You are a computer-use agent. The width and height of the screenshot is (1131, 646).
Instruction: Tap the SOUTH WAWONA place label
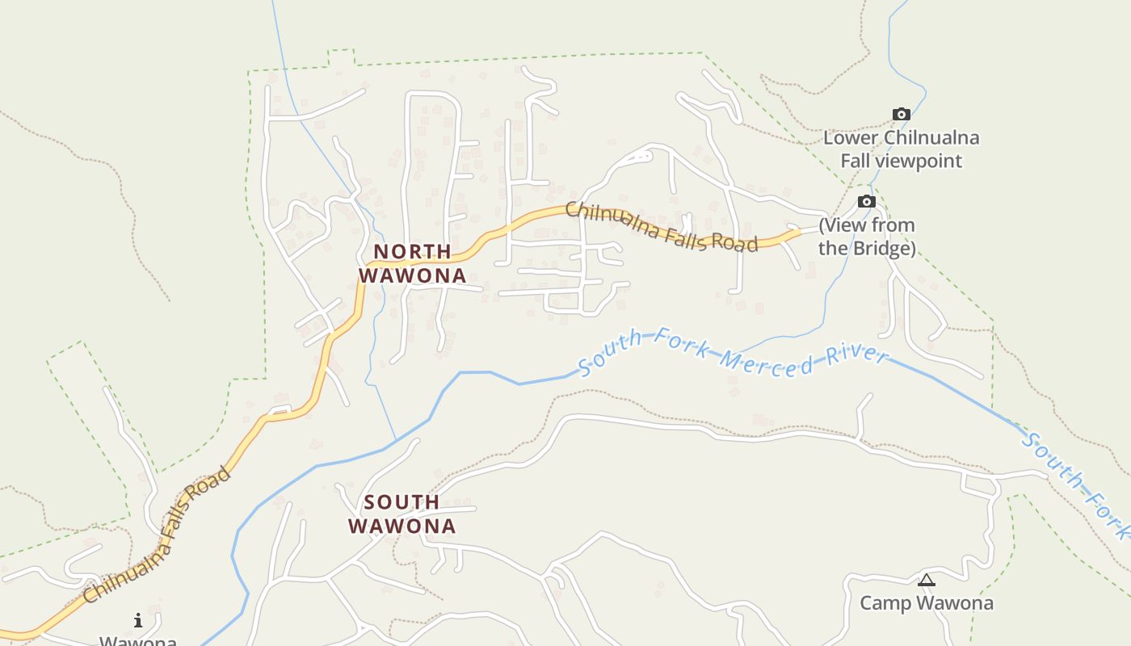click(x=402, y=514)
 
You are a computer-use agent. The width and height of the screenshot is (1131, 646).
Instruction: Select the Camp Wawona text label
click(x=926, y=603)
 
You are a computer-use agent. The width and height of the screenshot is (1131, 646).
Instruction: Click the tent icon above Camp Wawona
click(x=927, y=580)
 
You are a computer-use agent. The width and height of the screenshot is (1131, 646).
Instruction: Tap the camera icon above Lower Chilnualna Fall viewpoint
click(x=901, y=115)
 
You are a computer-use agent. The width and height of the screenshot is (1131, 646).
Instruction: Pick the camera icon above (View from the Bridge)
click(x=867, y=202)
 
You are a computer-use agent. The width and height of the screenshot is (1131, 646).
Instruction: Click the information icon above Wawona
click(x=138, y=620)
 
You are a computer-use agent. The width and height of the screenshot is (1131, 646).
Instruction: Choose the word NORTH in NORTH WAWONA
click(x=412, y=252)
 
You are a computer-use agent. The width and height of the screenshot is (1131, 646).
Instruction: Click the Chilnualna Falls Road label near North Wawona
click(x=661, y=228)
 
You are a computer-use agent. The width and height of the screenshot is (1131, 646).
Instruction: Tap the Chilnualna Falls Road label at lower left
click(x=158, y=535)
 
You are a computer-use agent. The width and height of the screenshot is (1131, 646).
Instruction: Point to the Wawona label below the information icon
click(x=138, y=641)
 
